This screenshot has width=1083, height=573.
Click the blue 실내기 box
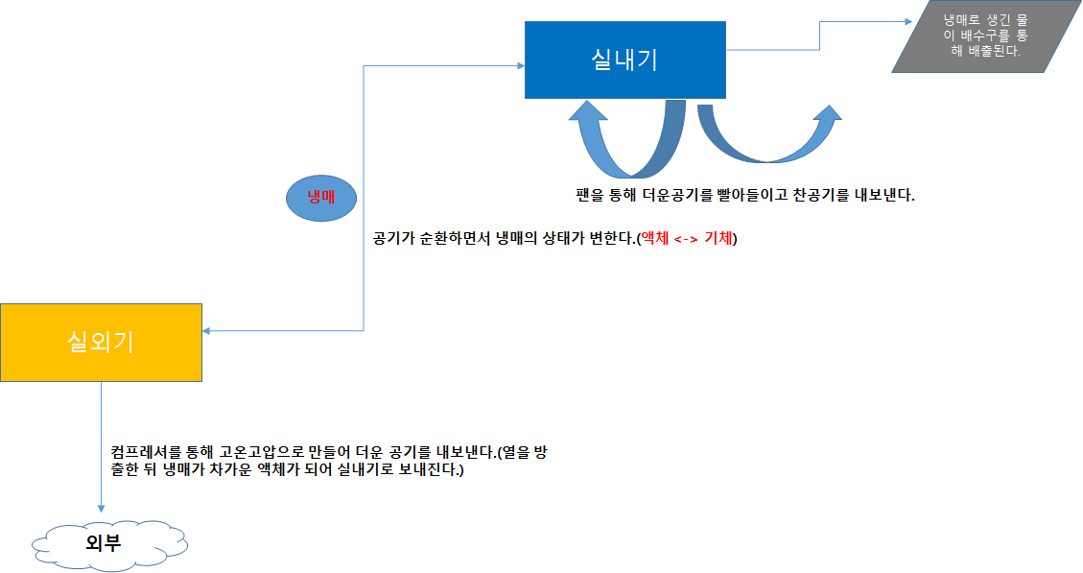coord(624,60)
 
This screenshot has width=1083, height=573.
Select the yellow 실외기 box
coord(101,342)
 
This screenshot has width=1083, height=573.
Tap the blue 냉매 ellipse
coord(320,197)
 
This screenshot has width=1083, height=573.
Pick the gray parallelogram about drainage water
coord(985,37)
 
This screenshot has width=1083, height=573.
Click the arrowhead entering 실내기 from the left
coord(519,66)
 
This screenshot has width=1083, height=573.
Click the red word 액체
coord(656,239)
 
